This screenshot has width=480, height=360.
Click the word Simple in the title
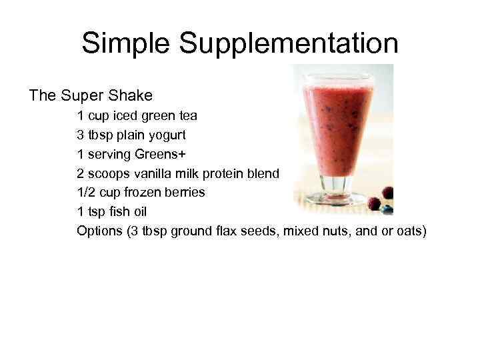(x=126, y=43)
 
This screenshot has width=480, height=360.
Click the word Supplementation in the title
(x=288, y=45)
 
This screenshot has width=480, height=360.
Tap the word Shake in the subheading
(x=132, y=95)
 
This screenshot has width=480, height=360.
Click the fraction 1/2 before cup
(x=86, y=193)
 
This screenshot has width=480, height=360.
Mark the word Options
(x=98, y=231)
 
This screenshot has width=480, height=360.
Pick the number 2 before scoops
(x=80, y=173)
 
